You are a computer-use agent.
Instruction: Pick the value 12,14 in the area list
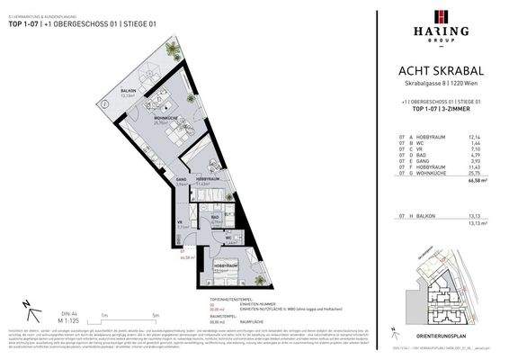[488, 138]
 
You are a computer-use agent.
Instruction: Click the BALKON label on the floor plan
[128, 90]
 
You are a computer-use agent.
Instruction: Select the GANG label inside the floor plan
[182, 180]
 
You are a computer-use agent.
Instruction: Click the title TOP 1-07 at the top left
[24, 23]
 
